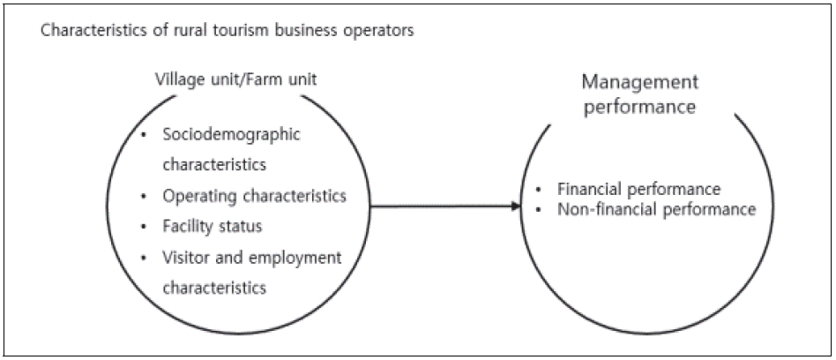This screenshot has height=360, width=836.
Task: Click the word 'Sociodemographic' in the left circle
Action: point(231,135)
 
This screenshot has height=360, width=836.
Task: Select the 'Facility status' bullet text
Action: point(212,226)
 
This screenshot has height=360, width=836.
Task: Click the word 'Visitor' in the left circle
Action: point(185,257)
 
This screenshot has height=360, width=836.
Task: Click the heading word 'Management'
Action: point(639,83)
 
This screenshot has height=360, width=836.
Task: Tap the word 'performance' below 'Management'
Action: point(639,108)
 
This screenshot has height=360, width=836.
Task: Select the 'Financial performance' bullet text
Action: point(639,189)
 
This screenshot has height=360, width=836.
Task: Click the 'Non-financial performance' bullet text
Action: point(656,209)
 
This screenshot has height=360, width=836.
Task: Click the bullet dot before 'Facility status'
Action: point(144,227)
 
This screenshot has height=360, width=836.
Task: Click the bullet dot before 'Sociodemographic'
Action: point(144,135)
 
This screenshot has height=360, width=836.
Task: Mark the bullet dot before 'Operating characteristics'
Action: point(144,196)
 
